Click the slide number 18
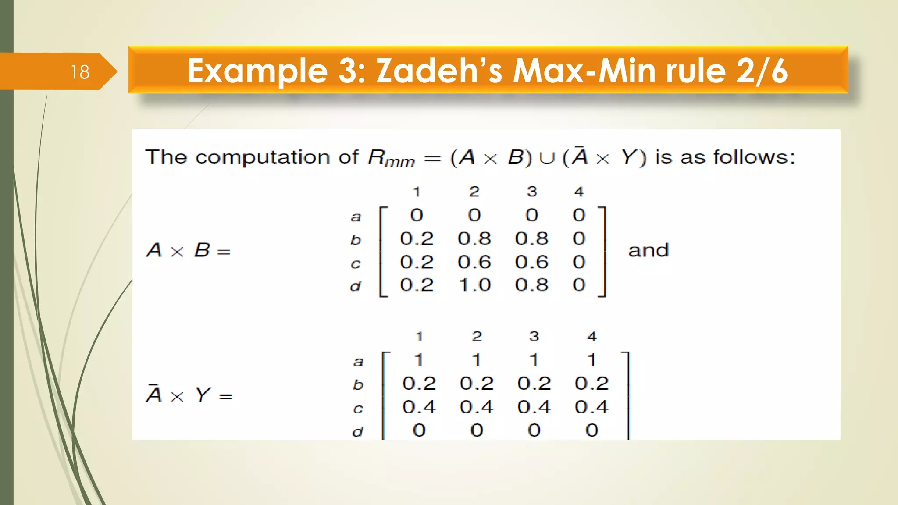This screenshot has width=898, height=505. [x=80, y=72]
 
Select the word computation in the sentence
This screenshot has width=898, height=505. [x=262, y=157]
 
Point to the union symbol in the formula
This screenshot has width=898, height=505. [x=547, y=158]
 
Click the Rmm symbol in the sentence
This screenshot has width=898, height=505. [x=391, y=158]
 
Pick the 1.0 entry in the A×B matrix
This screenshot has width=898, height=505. [x=474, y=285]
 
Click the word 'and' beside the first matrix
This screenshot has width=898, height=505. [x=649, y=250]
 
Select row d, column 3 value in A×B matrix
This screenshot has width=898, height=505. [x=532, y=285]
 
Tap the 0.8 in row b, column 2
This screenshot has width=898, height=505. [x=474, y=238]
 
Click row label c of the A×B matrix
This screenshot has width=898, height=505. [x=356, y=264]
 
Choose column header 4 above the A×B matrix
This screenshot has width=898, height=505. [x=579, y=192]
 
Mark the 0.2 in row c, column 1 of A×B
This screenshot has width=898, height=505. [x=417, y=262]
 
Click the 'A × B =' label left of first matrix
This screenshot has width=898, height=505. [x=189, y=250]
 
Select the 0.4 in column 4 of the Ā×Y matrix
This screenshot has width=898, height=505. [x=592, y=407]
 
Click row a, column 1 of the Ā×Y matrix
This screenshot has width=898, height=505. [x=419, y=360]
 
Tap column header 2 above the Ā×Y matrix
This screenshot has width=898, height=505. [x=477, y=336]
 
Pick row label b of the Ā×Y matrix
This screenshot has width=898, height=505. [x=358, y=384]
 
